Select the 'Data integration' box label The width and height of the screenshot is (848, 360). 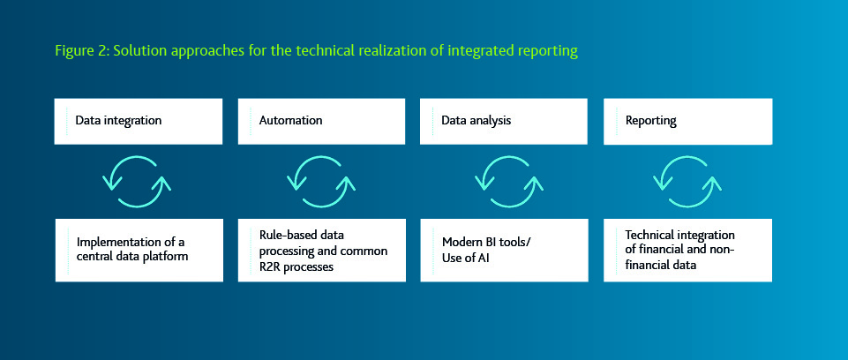117,120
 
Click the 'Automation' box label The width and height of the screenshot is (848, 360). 290,120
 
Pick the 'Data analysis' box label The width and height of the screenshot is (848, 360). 477,120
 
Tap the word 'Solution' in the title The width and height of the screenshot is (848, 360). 140,51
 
